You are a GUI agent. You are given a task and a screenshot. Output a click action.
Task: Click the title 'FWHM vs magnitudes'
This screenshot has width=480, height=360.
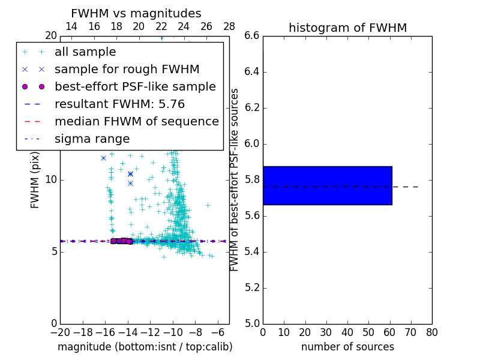click(x=136, y=14)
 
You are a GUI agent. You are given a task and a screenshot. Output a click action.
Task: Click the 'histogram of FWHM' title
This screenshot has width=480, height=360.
click(x=347, y=28)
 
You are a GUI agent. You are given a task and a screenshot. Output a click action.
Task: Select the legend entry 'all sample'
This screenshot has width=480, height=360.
click(x=85, y=52)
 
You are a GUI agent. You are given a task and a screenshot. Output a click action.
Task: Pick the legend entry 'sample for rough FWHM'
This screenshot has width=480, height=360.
click(x=127, y=70)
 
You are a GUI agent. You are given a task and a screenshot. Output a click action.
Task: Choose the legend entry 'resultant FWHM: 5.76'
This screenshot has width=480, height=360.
click(x=119, y=104)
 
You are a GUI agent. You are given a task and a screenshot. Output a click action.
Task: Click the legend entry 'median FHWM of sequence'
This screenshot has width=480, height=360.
click(x=136, y=122)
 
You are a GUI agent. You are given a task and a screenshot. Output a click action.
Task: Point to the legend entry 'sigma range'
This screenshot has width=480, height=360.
click(x=92, y=139)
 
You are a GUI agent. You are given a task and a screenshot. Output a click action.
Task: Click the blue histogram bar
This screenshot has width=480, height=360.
click(x=327, y=185)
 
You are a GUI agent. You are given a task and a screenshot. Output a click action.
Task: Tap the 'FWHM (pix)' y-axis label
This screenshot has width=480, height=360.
click(x=35, y=179)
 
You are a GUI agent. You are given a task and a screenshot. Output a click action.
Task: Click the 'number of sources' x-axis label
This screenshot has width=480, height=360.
click(x=347, y=347)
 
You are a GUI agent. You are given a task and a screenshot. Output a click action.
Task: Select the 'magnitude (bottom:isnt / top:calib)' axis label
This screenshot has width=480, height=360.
click(x=145, y=347)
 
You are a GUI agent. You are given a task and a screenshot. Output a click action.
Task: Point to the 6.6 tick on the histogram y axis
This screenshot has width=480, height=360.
click(x=251, y=36)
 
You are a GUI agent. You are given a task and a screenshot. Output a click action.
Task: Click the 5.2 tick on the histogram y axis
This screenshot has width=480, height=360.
click(x=251, y=287)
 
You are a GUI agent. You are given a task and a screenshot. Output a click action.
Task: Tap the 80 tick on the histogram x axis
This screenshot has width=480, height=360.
click(x=432, y=332)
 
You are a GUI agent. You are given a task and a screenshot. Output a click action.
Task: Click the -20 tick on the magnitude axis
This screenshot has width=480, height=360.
click(x=60, y=332)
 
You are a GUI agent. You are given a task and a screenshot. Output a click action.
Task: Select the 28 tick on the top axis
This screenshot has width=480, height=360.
click(x=229, y=26)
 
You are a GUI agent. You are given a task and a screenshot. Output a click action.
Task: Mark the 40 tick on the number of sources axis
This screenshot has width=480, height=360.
click(x=347, y=332)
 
